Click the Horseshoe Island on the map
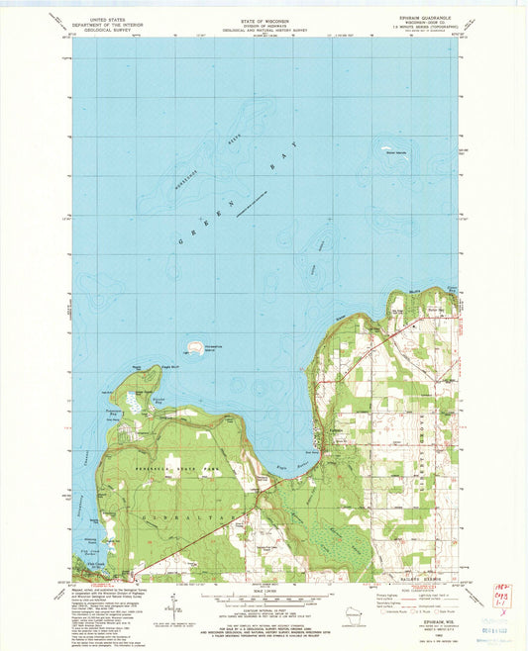[191, 348]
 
